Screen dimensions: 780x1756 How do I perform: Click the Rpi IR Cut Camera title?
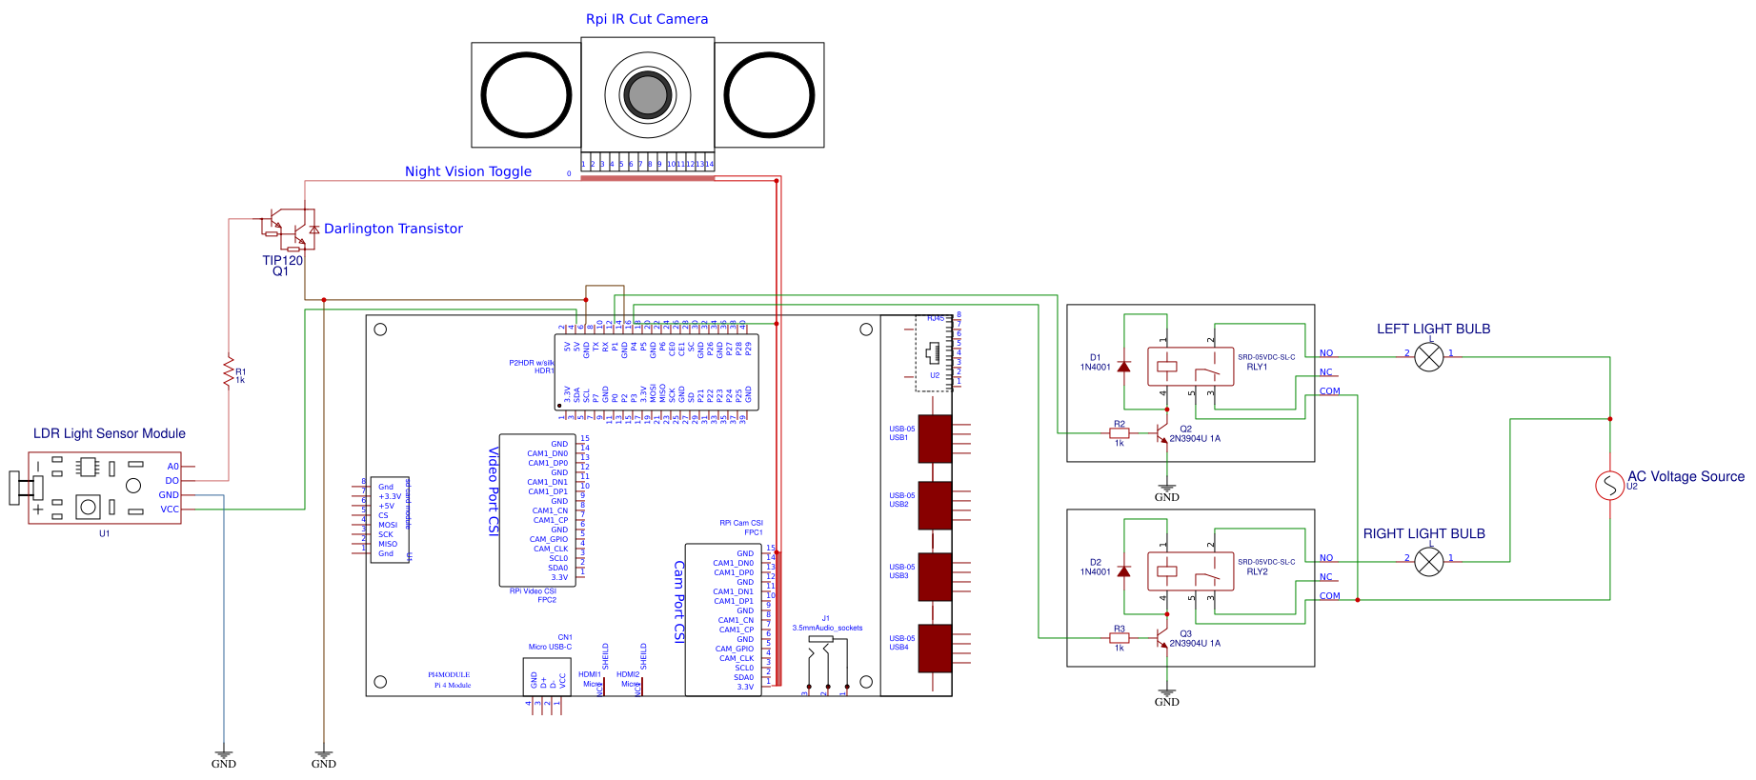pyautogui.click(x=646, y=19)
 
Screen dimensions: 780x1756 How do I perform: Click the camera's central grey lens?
pyautogui.click(x=647, y=94)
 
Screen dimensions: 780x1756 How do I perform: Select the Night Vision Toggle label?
pyautogui.click(x=468, y=171)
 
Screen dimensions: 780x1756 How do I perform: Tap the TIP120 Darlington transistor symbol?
pyautogui.click(x=289, y=229)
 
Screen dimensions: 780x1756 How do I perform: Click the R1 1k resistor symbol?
pyautogui.click(x=229, y=371)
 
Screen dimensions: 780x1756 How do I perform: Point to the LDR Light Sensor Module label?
pyautogui.click(x=110, y=433)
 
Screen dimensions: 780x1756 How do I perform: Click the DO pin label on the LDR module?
pyautogui.click(x=172, y=481)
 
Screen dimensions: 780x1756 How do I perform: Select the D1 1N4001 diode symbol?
pyautogui.click(x=1124, y=367)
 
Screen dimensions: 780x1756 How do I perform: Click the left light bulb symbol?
pyautogui.click(x=1428, y=357)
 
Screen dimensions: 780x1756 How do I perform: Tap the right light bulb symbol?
pyautogui.click(x=1428, y=562)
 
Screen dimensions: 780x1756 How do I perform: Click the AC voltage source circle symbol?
pyautogui.click(x=1609, y=486)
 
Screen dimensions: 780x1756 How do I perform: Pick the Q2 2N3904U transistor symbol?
pyautogui.click(x=1162, y=433)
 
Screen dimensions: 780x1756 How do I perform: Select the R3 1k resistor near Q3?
pyautogui.click(x=1120, y=638)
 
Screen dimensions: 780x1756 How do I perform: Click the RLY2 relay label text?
pyautogui.click(x=1257, y=571)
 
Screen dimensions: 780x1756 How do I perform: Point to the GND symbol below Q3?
pyautogui.click(x=1166, y=696)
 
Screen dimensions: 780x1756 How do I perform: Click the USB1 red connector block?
pyautogui.click(x=935, y=438)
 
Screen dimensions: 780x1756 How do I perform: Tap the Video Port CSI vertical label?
pyautogui.click(x=494, y=490)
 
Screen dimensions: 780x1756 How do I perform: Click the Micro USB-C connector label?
pyautogui.click(x=550, y=647)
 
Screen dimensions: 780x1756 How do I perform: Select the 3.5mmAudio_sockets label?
pyautogui.click(x=827, y=628)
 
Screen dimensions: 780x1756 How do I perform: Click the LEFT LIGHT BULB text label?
pyautogui.click(x=1433, y=329)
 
